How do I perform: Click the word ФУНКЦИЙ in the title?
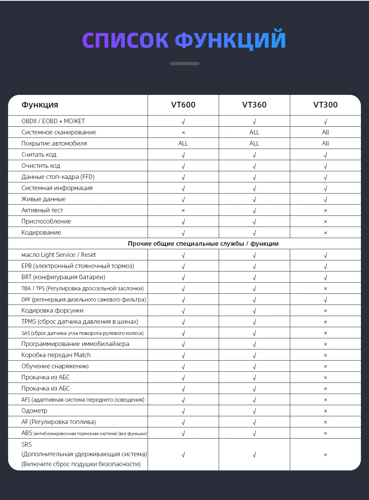230,40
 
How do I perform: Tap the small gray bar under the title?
184,63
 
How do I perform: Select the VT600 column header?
183,105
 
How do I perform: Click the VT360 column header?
254,105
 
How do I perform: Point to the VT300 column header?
326,105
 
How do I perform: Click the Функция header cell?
40,105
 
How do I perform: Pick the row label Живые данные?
43,199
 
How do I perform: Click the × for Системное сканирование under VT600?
183,132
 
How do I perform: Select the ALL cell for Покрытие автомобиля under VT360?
254,143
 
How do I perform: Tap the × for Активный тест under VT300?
326,210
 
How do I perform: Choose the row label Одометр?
34,411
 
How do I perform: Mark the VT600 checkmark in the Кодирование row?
183,233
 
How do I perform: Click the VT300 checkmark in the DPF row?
326,300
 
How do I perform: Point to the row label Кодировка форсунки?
52,310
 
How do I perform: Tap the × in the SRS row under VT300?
326,455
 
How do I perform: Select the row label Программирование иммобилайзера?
75,344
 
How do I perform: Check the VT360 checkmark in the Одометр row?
254,411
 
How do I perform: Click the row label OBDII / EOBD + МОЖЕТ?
53,121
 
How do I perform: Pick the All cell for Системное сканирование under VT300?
326,132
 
